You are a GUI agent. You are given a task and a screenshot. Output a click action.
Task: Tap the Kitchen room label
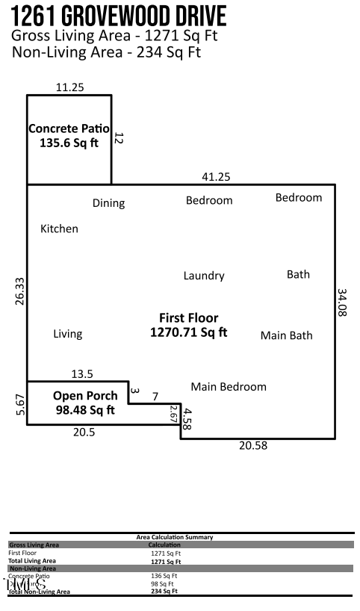[59, 229]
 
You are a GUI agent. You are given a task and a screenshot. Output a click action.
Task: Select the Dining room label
[108, 203]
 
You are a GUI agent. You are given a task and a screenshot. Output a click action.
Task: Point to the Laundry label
[204, 276]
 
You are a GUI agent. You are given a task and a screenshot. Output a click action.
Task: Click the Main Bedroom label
[229, 386]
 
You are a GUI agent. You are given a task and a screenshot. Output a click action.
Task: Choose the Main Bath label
[286, 335]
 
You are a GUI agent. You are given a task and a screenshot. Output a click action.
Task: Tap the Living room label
[67, 334]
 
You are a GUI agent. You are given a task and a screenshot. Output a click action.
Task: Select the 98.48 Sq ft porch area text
[85, 409]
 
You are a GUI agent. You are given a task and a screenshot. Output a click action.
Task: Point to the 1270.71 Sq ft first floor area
[188, 332]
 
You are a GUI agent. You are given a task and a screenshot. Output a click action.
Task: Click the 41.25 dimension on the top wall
[216, 176]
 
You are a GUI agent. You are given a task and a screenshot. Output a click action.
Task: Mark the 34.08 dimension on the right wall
[342, 303]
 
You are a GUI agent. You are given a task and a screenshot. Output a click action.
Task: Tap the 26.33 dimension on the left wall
[19, 291]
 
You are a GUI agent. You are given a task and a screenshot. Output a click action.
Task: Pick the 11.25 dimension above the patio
[69, 87]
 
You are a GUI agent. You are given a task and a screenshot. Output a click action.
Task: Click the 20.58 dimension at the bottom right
[252, 446]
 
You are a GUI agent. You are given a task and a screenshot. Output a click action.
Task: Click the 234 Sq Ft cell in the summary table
[164, 591]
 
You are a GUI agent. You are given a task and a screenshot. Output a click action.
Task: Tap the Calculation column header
[164, 545]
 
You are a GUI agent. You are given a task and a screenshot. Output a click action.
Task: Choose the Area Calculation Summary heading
[174, 537]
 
